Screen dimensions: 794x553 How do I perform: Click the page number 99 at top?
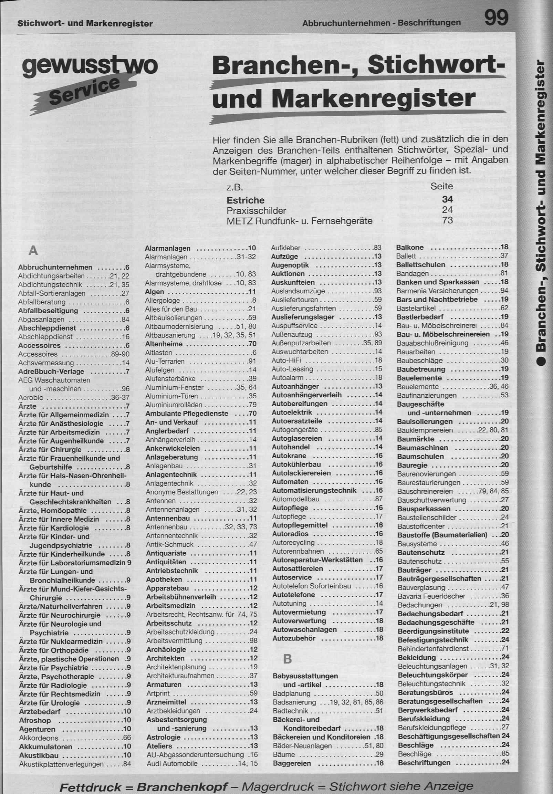point(496,18)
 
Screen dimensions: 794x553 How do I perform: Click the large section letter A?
point(33,250)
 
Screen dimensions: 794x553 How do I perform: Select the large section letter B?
point(288,659)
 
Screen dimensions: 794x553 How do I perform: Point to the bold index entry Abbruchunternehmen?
point(55,267)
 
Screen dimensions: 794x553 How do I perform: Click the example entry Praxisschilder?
point(256,211)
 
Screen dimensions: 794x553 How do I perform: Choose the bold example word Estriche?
point(245,201)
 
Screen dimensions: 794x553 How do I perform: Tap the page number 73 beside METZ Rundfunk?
point(448,220)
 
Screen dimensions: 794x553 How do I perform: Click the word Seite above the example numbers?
point(442,186)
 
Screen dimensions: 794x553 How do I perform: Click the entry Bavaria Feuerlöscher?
point(431,596)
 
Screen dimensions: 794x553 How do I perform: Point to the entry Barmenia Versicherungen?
point(437,291)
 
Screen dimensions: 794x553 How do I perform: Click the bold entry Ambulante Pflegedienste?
point(187,413)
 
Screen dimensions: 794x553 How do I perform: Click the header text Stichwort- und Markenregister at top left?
point(85,24)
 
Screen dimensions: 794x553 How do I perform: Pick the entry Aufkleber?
point(285,248)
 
